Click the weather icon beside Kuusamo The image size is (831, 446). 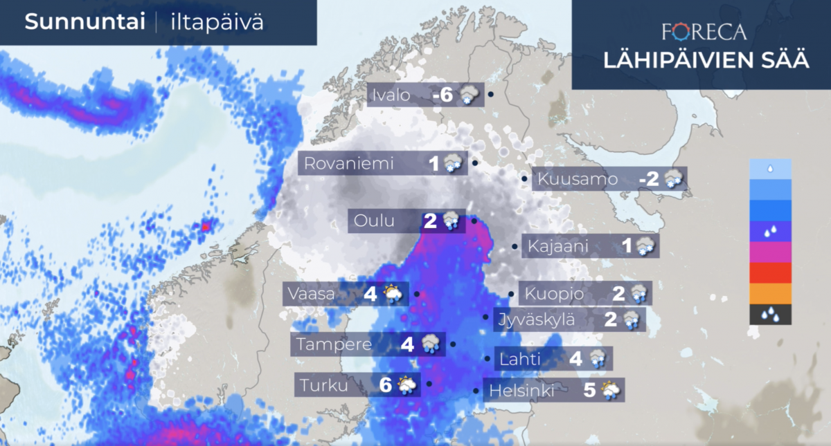[673, 180]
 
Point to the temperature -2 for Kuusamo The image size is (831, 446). [649, 180]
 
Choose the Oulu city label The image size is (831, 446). [374, 221]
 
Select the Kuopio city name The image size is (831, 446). [554, 294]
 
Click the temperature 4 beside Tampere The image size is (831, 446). [407, 344]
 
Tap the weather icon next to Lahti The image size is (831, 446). [597, 360]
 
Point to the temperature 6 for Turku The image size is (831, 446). [386, 385]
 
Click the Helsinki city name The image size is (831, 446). [522, 391]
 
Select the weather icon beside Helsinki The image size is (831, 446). [610, 391]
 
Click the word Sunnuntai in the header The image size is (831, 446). [84, 22]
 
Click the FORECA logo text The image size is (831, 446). [704, 32]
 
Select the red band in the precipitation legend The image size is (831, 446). [770, 272]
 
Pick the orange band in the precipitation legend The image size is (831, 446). [770, 294]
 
